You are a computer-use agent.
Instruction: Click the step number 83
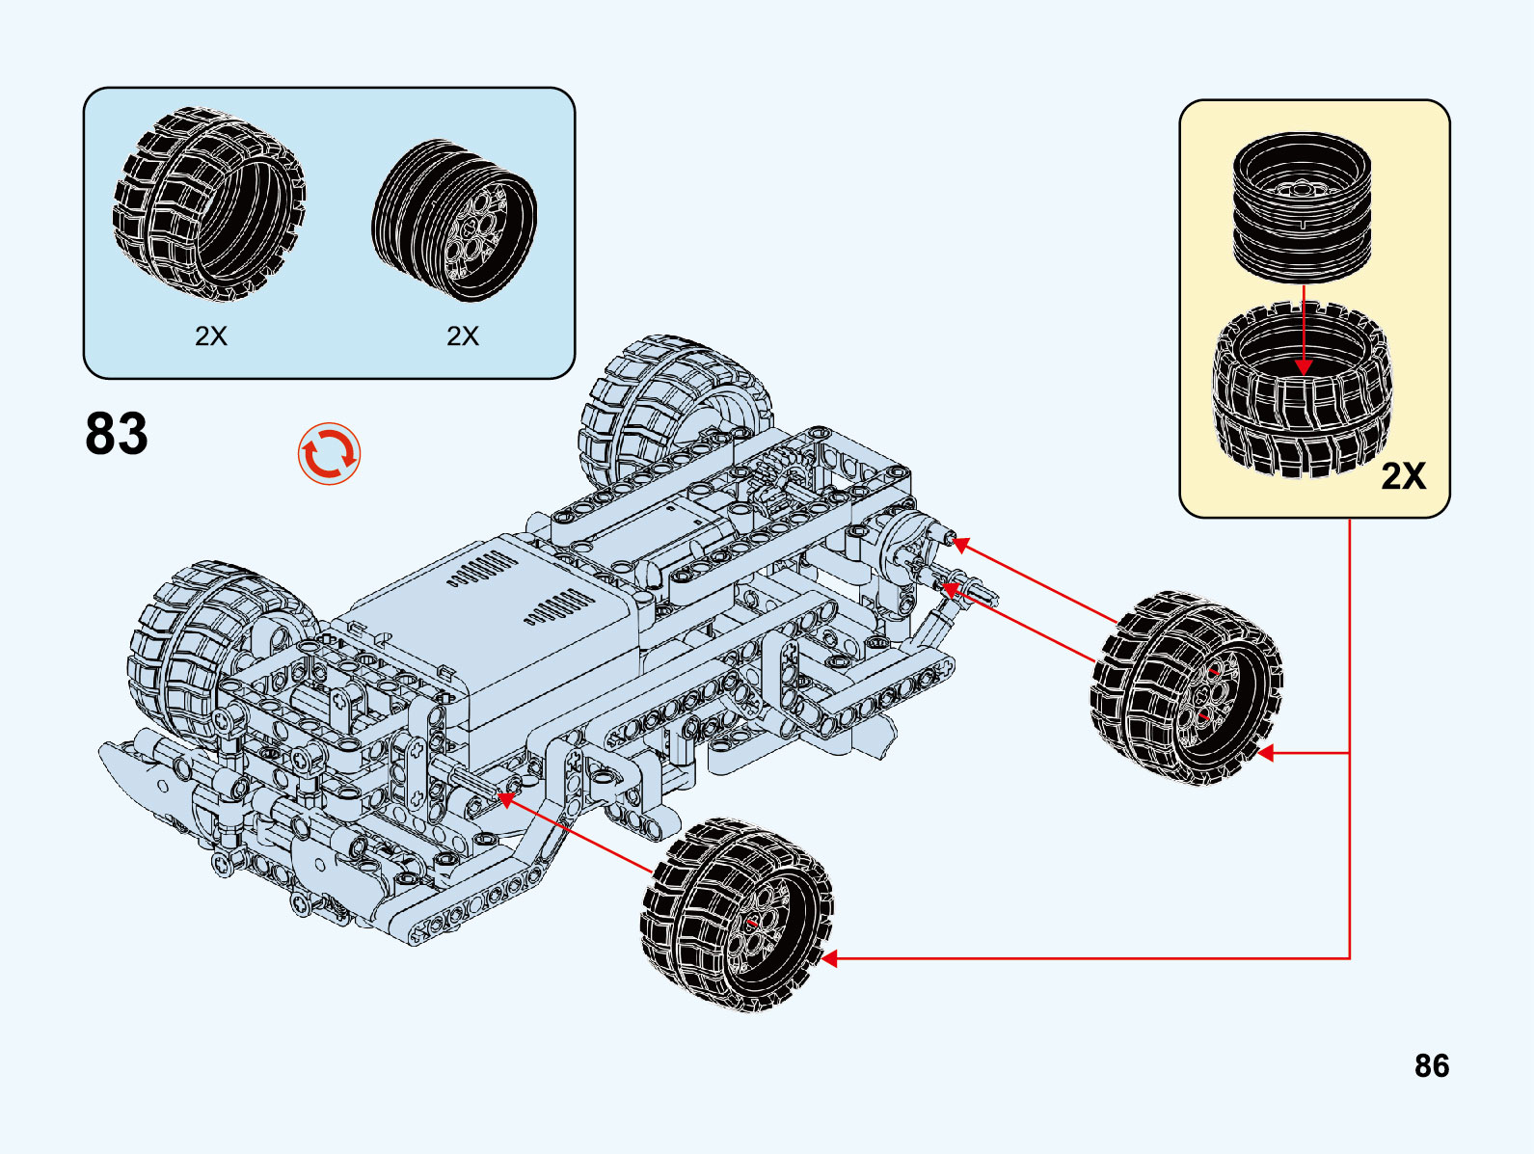click(x=117, y=434)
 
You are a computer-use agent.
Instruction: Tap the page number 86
click(x=1431, y=1065)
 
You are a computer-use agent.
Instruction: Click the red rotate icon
click(x=329, y=453)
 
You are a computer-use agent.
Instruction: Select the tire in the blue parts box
click(x=209, y=203)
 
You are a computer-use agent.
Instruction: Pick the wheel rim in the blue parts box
click(x=454, y=220)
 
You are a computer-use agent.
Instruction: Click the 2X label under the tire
click(x=211, y=335)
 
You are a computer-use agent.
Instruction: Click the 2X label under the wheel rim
click(x=463, y=335)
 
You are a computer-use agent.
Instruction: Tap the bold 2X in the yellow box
click(x=1403, y=476)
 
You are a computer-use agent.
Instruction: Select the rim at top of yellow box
click(x=1302, y=206)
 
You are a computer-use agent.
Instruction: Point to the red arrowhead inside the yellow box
click(x=1304, y=366)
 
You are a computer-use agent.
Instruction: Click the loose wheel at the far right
click(x=1187, y=687)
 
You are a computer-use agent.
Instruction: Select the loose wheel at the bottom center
click(x=738, y=913)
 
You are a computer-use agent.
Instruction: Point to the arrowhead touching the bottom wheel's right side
click(x=829, y=958)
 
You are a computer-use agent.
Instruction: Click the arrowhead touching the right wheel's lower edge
click(x=1266, y=753)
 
